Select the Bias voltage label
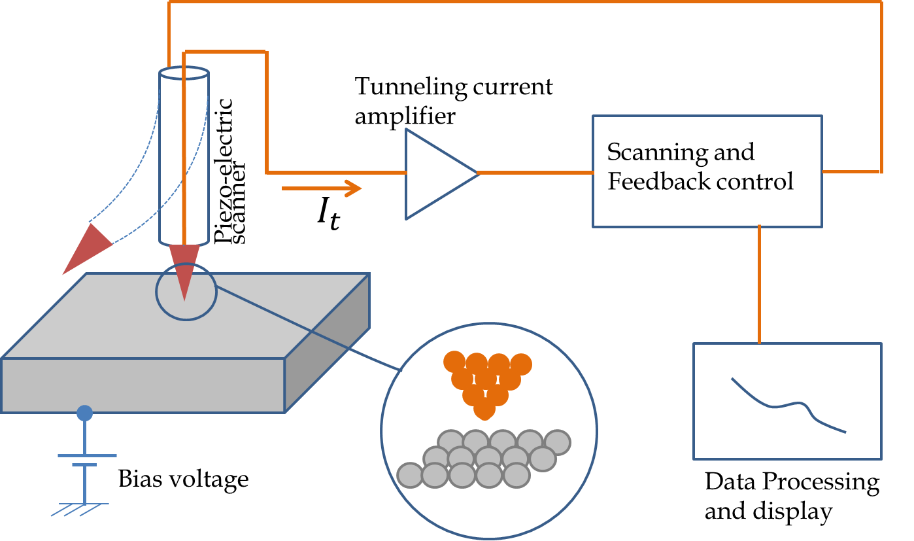[183, 480]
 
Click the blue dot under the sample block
[84, 413]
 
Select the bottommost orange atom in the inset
[483, 410]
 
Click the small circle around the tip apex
[186, 292]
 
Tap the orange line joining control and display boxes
[759, 285]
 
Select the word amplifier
[405, 118]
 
